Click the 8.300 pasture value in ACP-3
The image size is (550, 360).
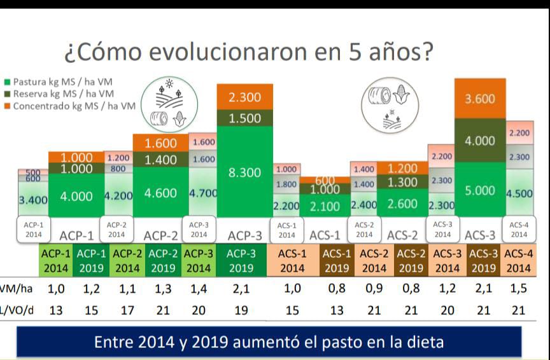click(x=244, y=172)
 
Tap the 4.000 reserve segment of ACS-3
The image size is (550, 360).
click(x=481, y=141)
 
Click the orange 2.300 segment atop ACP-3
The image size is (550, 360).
click(x=244, y=97)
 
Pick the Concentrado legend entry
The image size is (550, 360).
click(x=70, y=105)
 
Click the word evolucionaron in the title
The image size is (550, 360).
click(x=210, y=51)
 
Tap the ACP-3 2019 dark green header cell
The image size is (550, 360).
click(x=244, y=260)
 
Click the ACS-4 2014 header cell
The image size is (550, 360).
click(x=518, y=260)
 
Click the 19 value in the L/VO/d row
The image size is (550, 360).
click(x=244, y=310)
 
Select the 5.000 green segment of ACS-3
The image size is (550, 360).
click(x=481, y=191)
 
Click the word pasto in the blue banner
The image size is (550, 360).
click(x=350, y=342)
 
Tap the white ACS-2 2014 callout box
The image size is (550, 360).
click(x=364, y=229)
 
